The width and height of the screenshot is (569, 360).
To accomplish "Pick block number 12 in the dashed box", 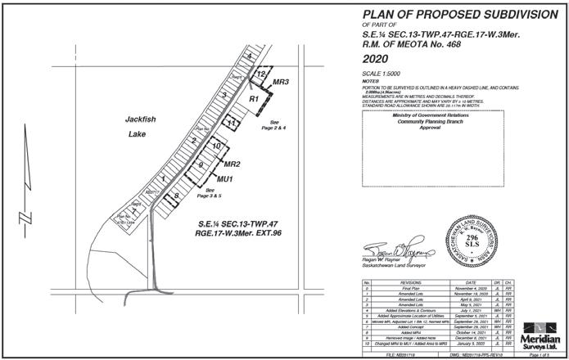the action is [260, 74].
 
